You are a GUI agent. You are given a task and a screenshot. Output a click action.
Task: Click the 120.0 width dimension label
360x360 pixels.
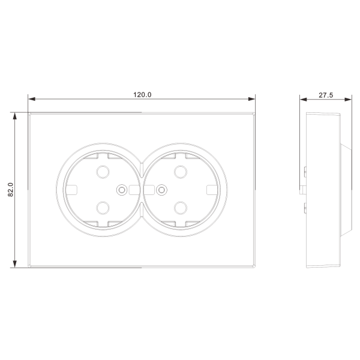142,95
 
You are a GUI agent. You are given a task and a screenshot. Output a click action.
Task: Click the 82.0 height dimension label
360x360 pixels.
11,190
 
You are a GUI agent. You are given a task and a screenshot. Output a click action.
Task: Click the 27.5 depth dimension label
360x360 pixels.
326,95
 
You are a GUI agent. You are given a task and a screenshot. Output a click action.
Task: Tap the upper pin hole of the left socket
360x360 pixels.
103,172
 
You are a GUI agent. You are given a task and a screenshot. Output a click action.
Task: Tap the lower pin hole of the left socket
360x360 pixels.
103,208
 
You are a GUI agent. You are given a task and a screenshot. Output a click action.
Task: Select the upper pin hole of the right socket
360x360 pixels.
181,172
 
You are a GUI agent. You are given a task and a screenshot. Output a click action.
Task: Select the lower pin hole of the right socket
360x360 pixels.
181,208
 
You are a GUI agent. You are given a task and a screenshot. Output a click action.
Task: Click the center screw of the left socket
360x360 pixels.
122,190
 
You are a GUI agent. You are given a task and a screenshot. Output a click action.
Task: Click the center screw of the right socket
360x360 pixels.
161,190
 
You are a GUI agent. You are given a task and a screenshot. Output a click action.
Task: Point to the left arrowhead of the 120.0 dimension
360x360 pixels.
32,99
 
